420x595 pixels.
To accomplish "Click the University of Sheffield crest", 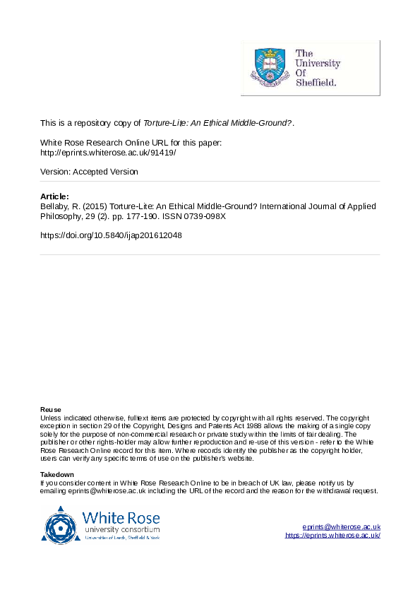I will (x=270, y=67).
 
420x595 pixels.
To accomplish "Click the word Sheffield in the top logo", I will (x=316, y=82).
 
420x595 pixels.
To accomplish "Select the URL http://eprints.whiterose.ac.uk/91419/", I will (x=108, y=152).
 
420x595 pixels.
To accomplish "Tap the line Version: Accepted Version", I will (x=89, y=172).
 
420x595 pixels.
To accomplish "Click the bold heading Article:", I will (x=54, y=196).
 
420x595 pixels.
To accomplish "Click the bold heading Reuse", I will (x=51, y=410).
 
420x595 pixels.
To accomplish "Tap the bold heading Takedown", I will (x=57, y=474).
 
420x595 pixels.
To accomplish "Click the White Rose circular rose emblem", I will (x=61, y=524).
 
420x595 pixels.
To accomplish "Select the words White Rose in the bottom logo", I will (x=121, y=517).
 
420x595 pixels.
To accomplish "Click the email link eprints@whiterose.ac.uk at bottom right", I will (x=342, y=527).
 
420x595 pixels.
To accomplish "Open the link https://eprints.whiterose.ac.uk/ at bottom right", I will (x=332, y=536).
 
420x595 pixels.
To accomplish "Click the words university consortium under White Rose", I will (x=121, y=529).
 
